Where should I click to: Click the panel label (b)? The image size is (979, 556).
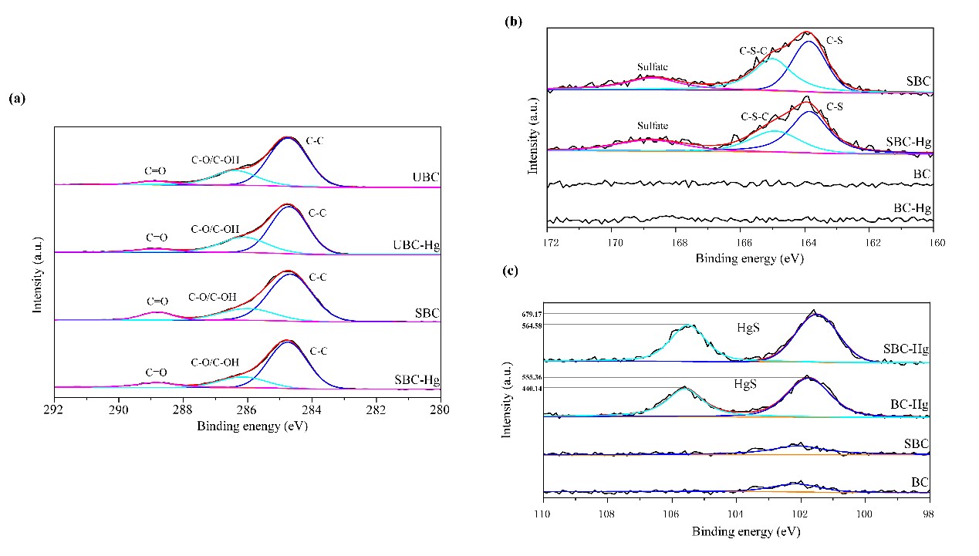tap(513, 22)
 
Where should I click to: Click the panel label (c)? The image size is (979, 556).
tap(509, 271)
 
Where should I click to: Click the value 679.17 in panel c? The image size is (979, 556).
tap(533, 314)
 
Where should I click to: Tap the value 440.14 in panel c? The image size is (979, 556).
tap(533, 388)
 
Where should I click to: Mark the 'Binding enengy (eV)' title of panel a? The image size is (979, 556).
tap(252, 426)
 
